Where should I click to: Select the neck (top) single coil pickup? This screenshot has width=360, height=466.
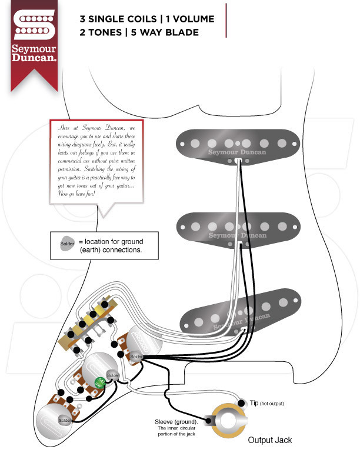[236, 144]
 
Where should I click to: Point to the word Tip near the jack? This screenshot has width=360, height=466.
[254, 402]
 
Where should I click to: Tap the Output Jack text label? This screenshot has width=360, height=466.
[269, 440]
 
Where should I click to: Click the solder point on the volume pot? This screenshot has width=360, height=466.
[135, 357]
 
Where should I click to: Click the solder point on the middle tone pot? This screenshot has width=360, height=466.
[113, 375]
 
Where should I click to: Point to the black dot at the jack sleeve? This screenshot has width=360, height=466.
[208, 421]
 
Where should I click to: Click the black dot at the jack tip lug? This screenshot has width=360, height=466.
[241, 404]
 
